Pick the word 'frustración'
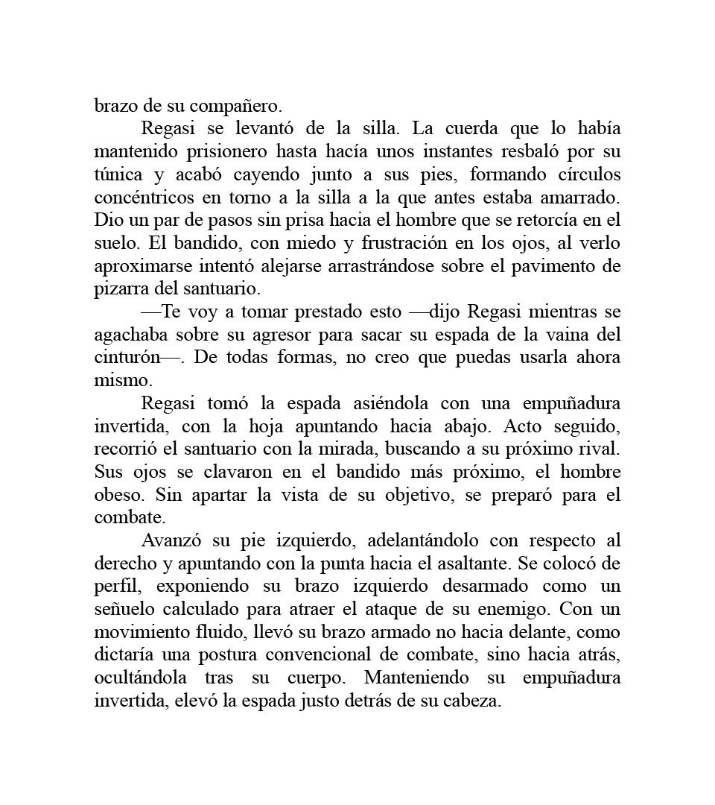pos(408,243)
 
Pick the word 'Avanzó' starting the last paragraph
pos(174,540)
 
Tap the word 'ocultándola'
pos(142,678)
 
